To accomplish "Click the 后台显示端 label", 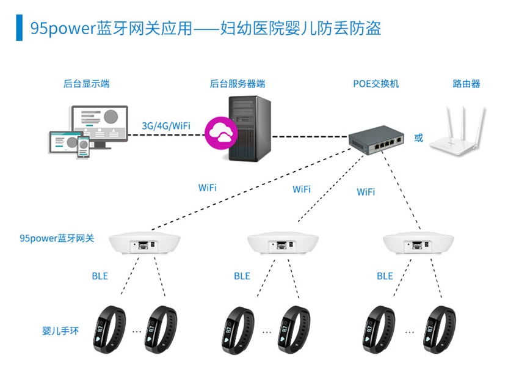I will (x=86, y=84).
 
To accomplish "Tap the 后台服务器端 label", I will (x=237, y=84).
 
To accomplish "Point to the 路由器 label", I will (x=466, y=84).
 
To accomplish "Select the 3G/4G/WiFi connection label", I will (x=166, y=125).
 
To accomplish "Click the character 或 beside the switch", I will (x=418, y=138).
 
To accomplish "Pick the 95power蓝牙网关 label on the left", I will (x=57, y=238).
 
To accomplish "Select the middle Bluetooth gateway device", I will (x=284, y=245).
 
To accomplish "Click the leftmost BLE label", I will (x=100, y=276).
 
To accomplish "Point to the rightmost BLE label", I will (x=385, y=276).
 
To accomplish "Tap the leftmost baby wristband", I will (x=111, y=329).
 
